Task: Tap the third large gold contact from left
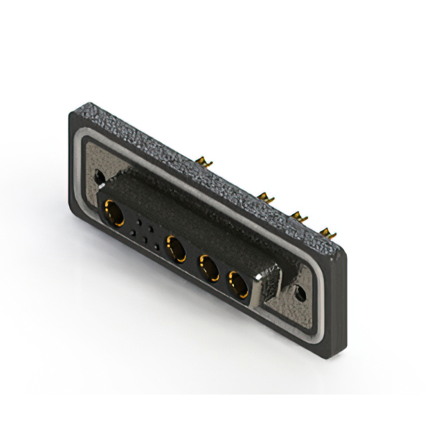(x=207, y=266)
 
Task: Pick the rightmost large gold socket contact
(x=237, y=284)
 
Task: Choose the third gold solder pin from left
(x=300, y=216)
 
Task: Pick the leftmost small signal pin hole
(x=133, y=232)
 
